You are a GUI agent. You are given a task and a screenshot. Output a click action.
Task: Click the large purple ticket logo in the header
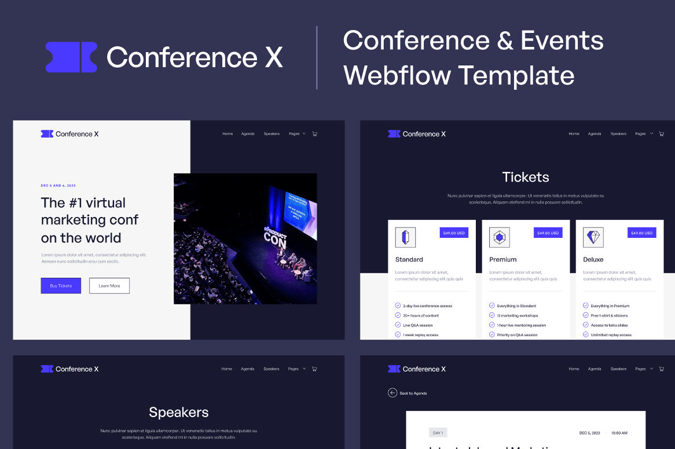tap(71, 57)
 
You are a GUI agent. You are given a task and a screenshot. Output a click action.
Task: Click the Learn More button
tap(109, 286)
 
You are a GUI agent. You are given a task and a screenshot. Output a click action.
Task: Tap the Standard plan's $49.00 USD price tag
tap(454, 233)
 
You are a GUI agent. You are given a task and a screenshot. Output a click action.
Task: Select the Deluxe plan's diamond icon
tap(593, 237)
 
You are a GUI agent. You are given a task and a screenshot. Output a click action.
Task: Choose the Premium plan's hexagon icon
tap(499, 237)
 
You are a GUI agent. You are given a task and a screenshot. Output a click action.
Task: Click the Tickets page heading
tap(526, 177)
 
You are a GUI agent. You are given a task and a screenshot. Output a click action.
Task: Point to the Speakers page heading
tap(179, 412)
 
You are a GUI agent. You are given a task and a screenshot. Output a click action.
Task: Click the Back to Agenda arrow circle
tap(392, 393)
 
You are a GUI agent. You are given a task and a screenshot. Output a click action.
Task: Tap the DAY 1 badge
tap(438, 433)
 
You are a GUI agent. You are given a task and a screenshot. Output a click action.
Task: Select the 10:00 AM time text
tap(619, 433)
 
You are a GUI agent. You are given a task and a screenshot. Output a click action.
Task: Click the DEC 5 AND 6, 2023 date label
tap(58, 186)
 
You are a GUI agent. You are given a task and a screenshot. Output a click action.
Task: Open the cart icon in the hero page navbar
tap(314, 134)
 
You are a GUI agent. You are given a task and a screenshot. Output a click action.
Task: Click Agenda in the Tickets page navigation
tap(595, 134)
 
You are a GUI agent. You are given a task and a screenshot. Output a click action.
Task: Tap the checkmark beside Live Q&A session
tap(398, 325)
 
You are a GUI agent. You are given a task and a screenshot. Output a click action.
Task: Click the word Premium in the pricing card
tap(502, 259)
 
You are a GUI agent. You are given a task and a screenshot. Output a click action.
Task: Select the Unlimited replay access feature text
tap(611, 335)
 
